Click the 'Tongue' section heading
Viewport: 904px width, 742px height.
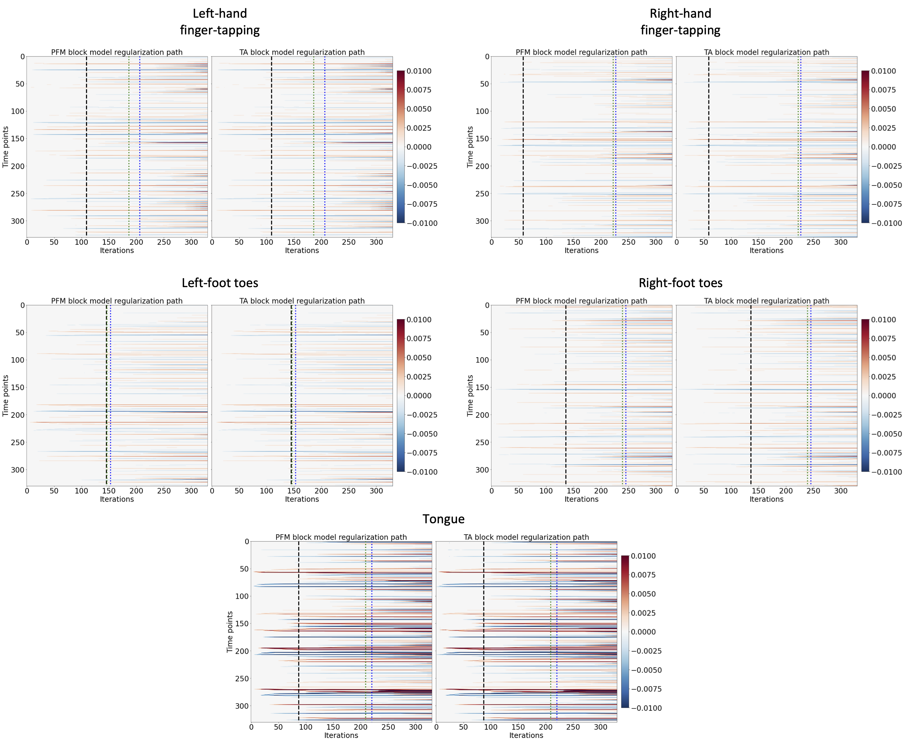(443, 519)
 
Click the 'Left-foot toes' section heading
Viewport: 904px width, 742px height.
(220, 283)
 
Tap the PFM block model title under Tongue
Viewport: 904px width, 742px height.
(341, 537)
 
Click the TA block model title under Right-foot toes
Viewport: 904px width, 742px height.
(766, 301)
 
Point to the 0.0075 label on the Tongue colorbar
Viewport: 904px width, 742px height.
(643, 575)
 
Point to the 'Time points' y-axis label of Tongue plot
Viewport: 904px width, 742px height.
(230, 632)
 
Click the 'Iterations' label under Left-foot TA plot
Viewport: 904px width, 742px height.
(302, 499)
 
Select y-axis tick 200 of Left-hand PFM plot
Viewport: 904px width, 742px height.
(18, 166)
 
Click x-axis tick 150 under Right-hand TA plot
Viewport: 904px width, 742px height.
(758, 242)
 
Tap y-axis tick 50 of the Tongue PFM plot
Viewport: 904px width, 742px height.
(244, 569)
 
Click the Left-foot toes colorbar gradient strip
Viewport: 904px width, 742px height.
(401, 396)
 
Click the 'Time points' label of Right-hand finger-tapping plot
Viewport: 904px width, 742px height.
(470, 147)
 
